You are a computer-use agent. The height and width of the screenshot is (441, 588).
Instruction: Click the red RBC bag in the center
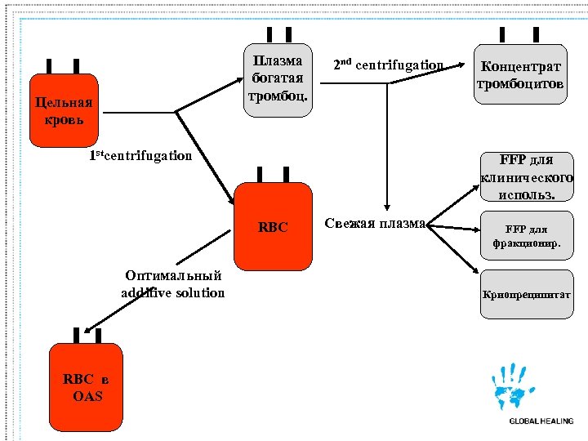[274, 226]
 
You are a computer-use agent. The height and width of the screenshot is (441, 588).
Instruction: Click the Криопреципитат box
[527, 293]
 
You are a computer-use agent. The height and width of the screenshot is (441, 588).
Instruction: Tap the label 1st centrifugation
[140, 156]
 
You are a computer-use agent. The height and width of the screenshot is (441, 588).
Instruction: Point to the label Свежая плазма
[375, 224]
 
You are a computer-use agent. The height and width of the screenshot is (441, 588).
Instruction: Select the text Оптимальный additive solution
[173, 284]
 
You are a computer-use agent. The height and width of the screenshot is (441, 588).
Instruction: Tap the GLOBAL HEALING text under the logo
[541, 421]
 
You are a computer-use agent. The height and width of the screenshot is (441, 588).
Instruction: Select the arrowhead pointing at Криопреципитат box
[474, 272]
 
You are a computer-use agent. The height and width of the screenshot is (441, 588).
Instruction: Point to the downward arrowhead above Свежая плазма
[389, 209]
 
